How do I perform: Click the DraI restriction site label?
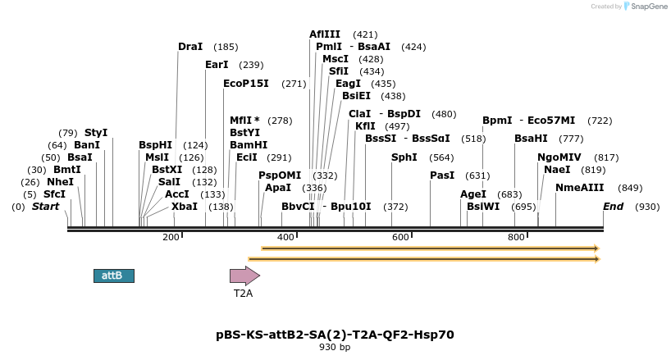[190, 47]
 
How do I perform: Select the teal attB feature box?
[114, 276]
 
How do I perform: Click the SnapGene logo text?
[648, 7]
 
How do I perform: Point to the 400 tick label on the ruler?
[285, 238]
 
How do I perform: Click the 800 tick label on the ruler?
[516, 238]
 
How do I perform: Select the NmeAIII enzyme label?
[579, 188]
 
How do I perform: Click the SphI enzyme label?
[404, 157]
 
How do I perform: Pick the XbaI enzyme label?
[185, 207]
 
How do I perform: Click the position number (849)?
[630, 188]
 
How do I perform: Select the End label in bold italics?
[614, 207]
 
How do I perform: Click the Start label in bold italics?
[46, 207]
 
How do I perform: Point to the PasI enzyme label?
[442, 175]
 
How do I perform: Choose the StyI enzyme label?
[96, 133]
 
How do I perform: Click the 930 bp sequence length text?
[335, 348]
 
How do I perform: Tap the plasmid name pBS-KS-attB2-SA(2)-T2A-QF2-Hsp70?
[335, 335]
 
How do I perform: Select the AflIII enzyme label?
[325, 34]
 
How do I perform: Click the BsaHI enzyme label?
[531, 139]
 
